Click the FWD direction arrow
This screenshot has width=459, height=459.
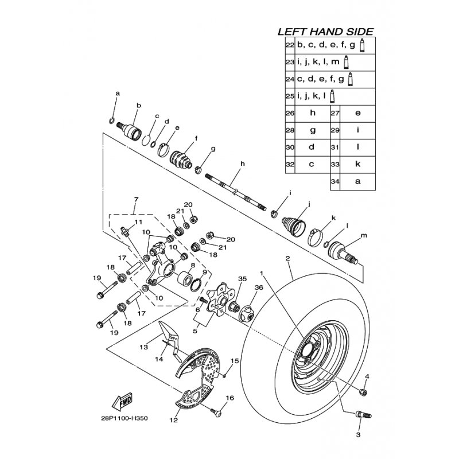(x=122, y=402)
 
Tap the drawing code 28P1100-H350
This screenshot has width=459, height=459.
(x=123, y=418)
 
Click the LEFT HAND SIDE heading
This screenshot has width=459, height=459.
(x=325, y=32)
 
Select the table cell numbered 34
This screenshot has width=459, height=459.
(x=335, y=181)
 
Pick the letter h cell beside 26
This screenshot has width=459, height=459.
(x=313, y=113)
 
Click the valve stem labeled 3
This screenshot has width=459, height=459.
(x=363, y=414)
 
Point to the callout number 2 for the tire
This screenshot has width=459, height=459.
(x=288, y=258)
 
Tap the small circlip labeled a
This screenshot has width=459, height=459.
(x=111, y=120)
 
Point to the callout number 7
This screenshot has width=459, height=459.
(x=136, y=200)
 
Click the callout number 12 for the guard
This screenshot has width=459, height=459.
(x=174, y=420)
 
